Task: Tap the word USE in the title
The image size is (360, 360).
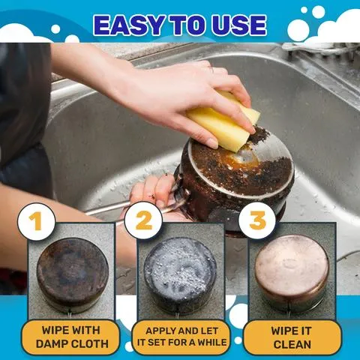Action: [x=234, y=24]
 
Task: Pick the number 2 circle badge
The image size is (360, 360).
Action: [x=143, y=221]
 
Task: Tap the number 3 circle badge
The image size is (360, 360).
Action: [x=257, y=221]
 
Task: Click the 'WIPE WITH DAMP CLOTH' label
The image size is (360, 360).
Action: [x=70, y=337]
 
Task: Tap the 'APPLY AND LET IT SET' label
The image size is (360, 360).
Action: [x=179, y=337]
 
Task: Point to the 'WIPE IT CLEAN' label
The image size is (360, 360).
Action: [x=292, y=337]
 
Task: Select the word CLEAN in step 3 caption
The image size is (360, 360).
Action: [x=292, y=344]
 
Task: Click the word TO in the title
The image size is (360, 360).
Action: [x=185, y=24]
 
